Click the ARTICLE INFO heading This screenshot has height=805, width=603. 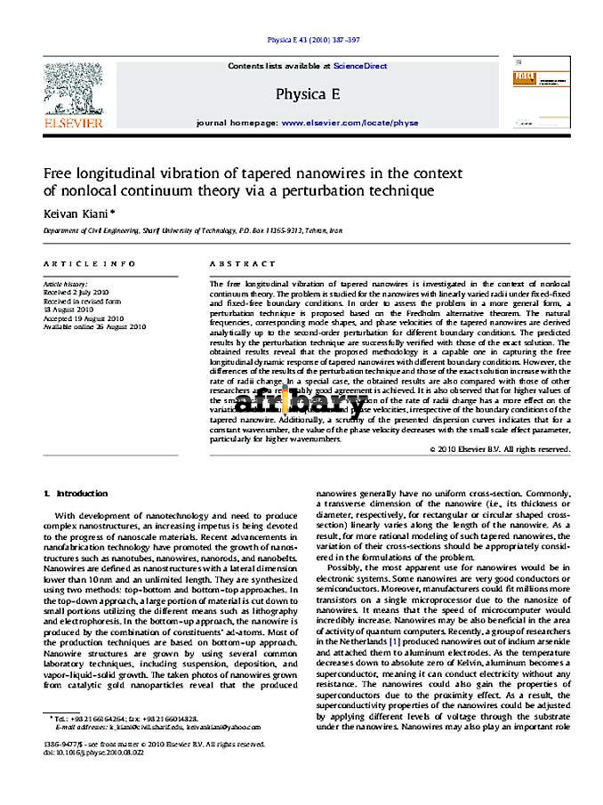tap(90, 264)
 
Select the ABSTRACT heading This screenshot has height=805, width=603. tap(243, 264)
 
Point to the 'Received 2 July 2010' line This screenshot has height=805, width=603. tap(76, 291)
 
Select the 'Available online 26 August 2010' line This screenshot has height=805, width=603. tap(94, 326)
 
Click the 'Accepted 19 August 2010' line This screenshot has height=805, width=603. tap(84, 318)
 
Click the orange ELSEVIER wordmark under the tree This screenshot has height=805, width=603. tap(74, 122)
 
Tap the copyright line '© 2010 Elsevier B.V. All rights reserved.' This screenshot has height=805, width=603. tap(499, 449)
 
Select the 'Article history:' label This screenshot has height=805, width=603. tap(66, 283)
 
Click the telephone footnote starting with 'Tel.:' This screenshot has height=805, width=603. tap(125, 718)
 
